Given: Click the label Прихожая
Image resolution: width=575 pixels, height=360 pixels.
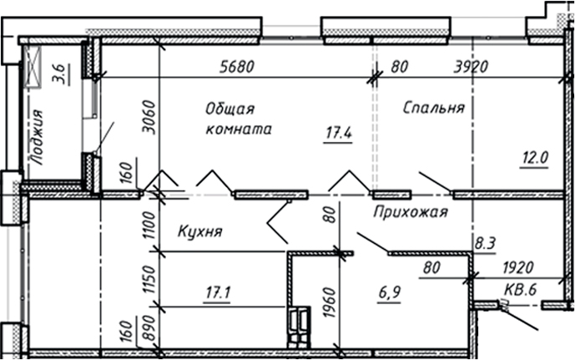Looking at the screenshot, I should pyautogui.click(x=411, y=212).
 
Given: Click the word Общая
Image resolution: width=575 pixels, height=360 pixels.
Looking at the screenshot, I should pyautogui.click(x=229, y=109).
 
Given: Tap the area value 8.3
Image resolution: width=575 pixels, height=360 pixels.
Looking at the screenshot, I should pyautogui.click(x=484, y=243).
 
